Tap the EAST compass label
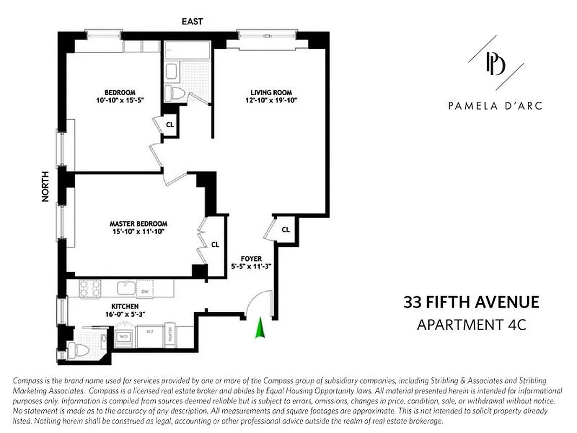click(193, 21)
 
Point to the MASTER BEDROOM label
click(138, 224)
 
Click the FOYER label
click(251, 259)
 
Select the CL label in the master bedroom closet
click(215, 245)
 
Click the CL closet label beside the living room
click(286, 229)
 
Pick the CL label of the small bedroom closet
click(170, 124)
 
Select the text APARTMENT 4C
click(471, 325)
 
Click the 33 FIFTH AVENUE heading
click(471, 302)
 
